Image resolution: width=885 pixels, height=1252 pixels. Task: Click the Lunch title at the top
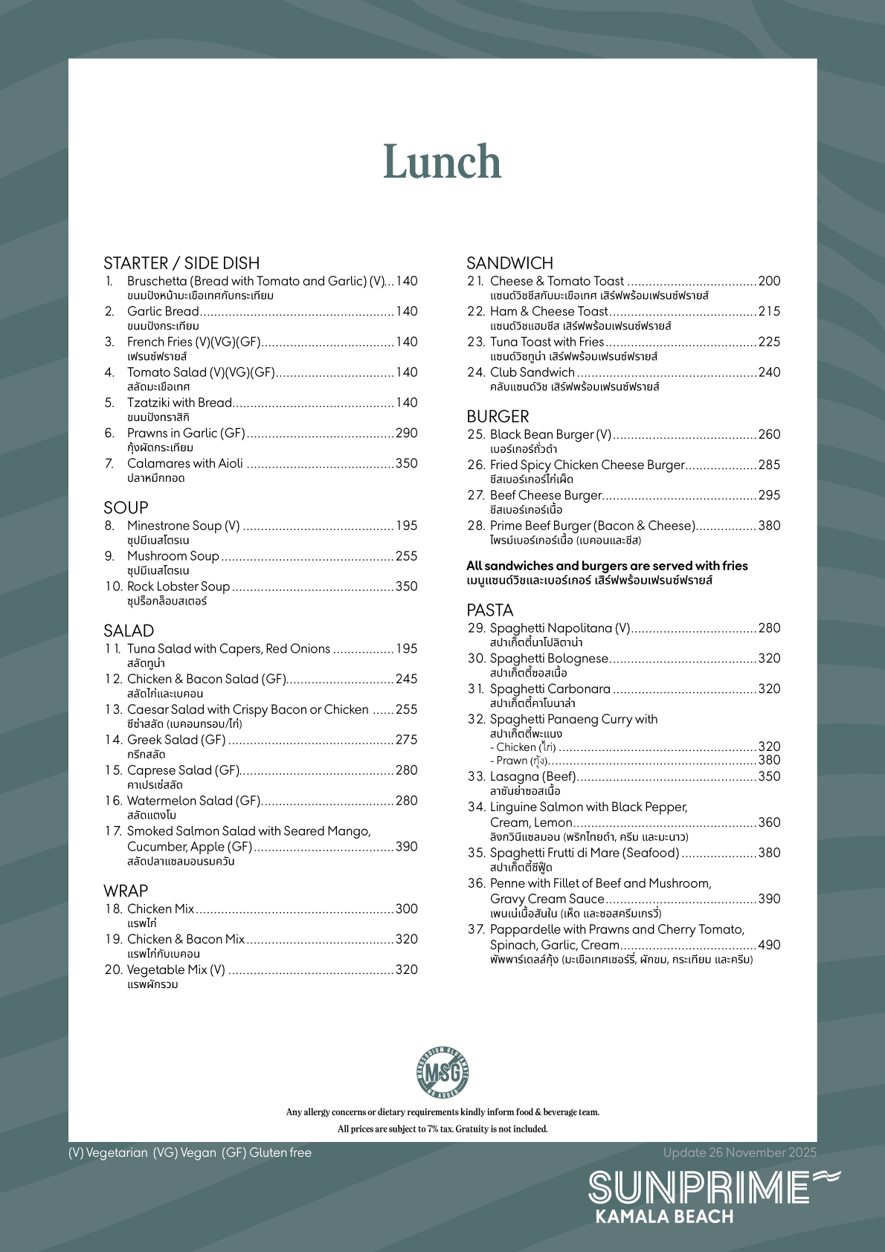[x=442, y=162]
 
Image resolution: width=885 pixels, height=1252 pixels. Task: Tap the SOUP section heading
[x=126, y=508]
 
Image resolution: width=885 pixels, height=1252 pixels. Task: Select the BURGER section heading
[x=498, y=416]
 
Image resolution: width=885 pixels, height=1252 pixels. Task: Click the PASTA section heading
[x=489, y=610]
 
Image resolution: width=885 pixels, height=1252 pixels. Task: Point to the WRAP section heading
[x=126, y=891]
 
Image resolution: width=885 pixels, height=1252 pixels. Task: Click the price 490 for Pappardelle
[x=769, y=945]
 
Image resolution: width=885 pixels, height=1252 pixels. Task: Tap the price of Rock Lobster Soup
[x=406, y=587]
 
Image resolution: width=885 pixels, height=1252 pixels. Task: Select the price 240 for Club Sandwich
[x=769, y=372]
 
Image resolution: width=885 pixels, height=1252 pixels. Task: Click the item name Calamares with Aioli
[x=185, y=463]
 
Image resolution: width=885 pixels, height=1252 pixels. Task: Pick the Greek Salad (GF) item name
[x=176, y=740]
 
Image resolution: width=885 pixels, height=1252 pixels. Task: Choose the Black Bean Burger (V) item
[x=550, y=434]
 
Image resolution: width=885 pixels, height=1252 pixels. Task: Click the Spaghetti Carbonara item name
[x=550, y=689]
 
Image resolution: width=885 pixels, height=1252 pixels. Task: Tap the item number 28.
[x=476, y=526]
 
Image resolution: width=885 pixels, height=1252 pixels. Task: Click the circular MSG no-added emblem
[x=442, y=1072]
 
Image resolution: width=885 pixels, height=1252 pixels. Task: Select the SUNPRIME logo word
[x=698, y=1187]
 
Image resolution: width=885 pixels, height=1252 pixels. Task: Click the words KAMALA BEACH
[x=664, y=1217]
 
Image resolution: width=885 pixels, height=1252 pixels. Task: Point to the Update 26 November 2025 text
[x=739, y=1152]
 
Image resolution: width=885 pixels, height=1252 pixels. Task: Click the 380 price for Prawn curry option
[x=769, y=760]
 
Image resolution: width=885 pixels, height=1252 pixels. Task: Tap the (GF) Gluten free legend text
[x=266, y=1152]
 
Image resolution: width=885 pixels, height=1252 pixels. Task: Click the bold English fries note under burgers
[x=607, y=566]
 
